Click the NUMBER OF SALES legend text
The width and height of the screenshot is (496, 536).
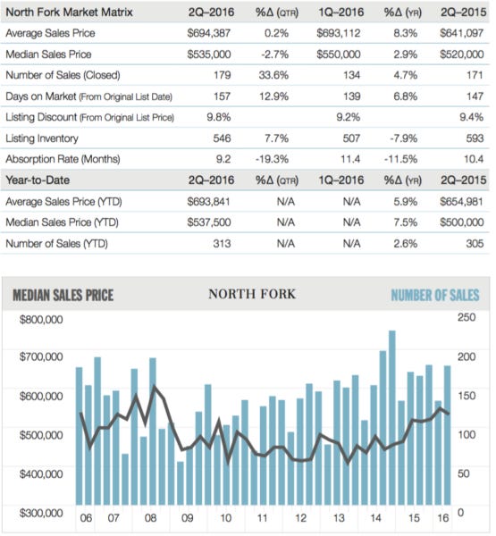[434, 296]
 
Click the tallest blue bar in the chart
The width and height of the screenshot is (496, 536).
[391, 420]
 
